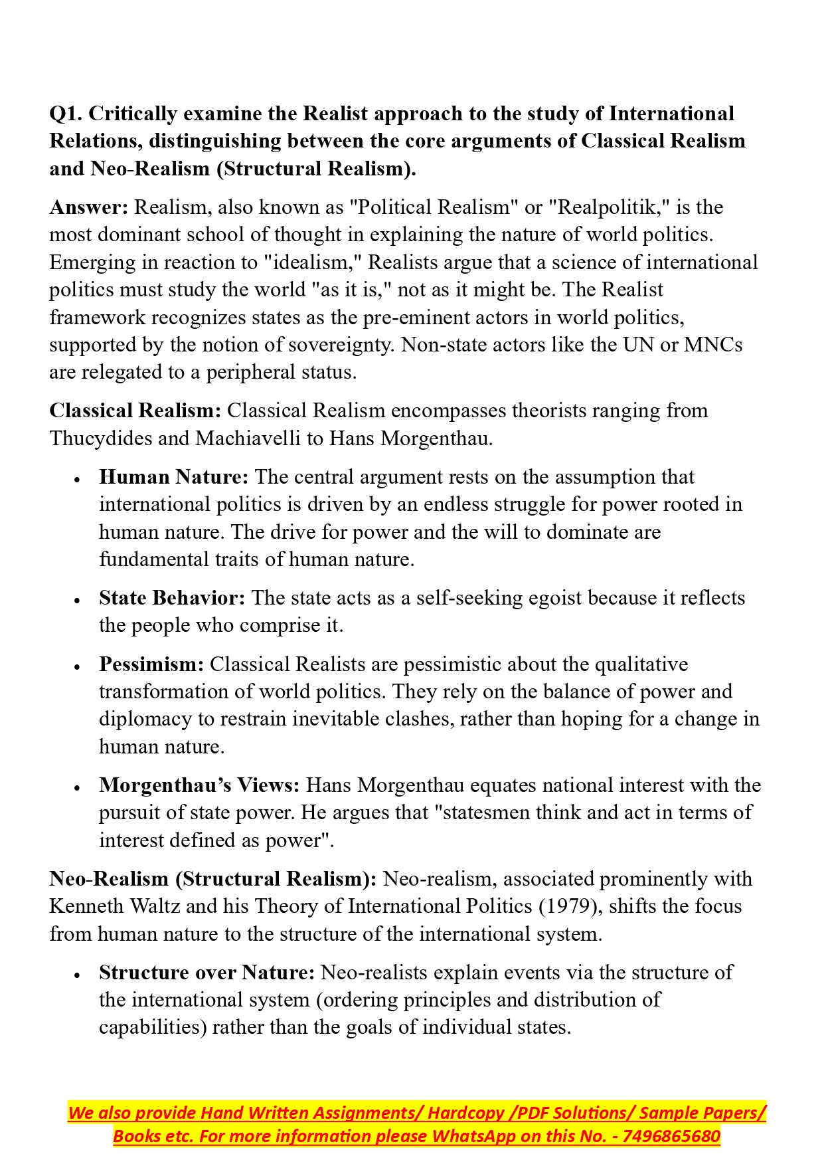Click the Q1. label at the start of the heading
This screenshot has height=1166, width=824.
pyautogui.click(x=66, y=114)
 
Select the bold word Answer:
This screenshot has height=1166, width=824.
pyautogui.click(x=89, y=207)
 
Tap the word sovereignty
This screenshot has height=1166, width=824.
pyautogui.click(x=339, y=345)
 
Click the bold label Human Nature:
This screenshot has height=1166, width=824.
pyautogui.click(x=174, y=477)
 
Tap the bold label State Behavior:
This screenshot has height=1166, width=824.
pyautogui.click(x=172, y=598)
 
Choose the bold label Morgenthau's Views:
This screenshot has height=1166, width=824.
pyautogui.click(x=199, y=785)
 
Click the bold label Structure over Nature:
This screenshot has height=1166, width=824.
pyautogui.click(x=206, y=973)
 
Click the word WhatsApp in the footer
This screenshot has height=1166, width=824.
pyautogui.click(x=473, y=1136)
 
